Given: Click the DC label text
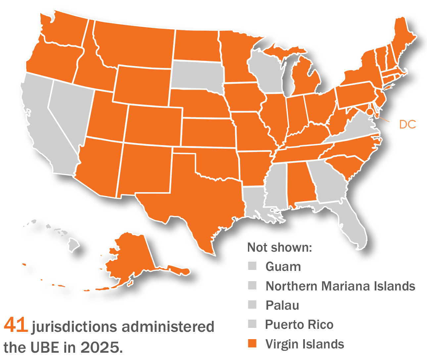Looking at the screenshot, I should click(407, 125).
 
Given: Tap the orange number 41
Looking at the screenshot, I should click(16, 325).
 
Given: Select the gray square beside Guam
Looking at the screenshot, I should click(252, 266).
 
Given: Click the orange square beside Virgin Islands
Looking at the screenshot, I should click(252, 344).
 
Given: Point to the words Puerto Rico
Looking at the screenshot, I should click(299, 325).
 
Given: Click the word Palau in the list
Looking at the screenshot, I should click(282, 305).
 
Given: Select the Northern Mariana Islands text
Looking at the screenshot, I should click(340, 286).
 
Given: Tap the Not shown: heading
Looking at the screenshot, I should click(279, 247).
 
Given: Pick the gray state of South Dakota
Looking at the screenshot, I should click(197, 75).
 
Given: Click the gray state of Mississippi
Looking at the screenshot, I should click(275, 185).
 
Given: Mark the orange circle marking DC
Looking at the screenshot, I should click(370, 112).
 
